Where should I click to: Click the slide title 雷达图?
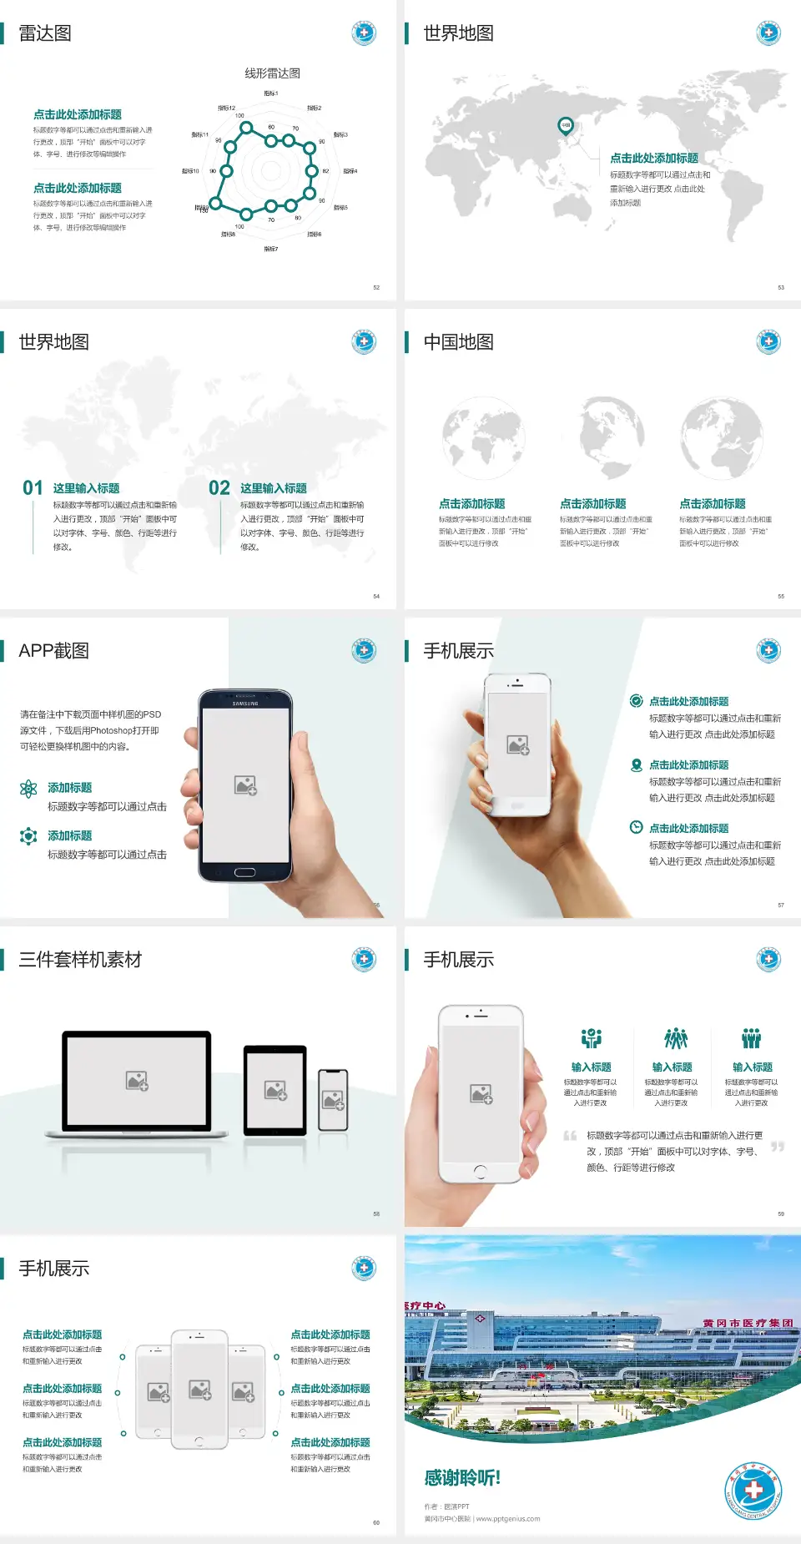(45, 33)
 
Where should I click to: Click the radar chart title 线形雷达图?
(272, 73)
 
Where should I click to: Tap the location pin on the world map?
(566, 126)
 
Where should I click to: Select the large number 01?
(33, 488)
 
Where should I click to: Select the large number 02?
(219, 488)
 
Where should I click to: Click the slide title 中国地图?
(458, 342)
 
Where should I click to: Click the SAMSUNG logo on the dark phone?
(245, 704)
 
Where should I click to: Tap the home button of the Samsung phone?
(244, 872)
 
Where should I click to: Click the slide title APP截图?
(53, 651)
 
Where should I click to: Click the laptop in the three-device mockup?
(137, 1082)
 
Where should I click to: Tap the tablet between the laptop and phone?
(275, 1089)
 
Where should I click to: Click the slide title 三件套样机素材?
(80, 960)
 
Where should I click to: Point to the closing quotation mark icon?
(778, 1147)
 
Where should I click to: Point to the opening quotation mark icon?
(570, 1136)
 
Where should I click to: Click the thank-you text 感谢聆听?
(462, 1478)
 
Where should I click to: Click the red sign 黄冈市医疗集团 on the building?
(748, 1324)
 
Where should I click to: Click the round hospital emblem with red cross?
(753, 1491)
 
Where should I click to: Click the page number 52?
(376, 288)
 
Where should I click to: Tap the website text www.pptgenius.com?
(508, 1519)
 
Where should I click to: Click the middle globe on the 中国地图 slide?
(602, 439)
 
